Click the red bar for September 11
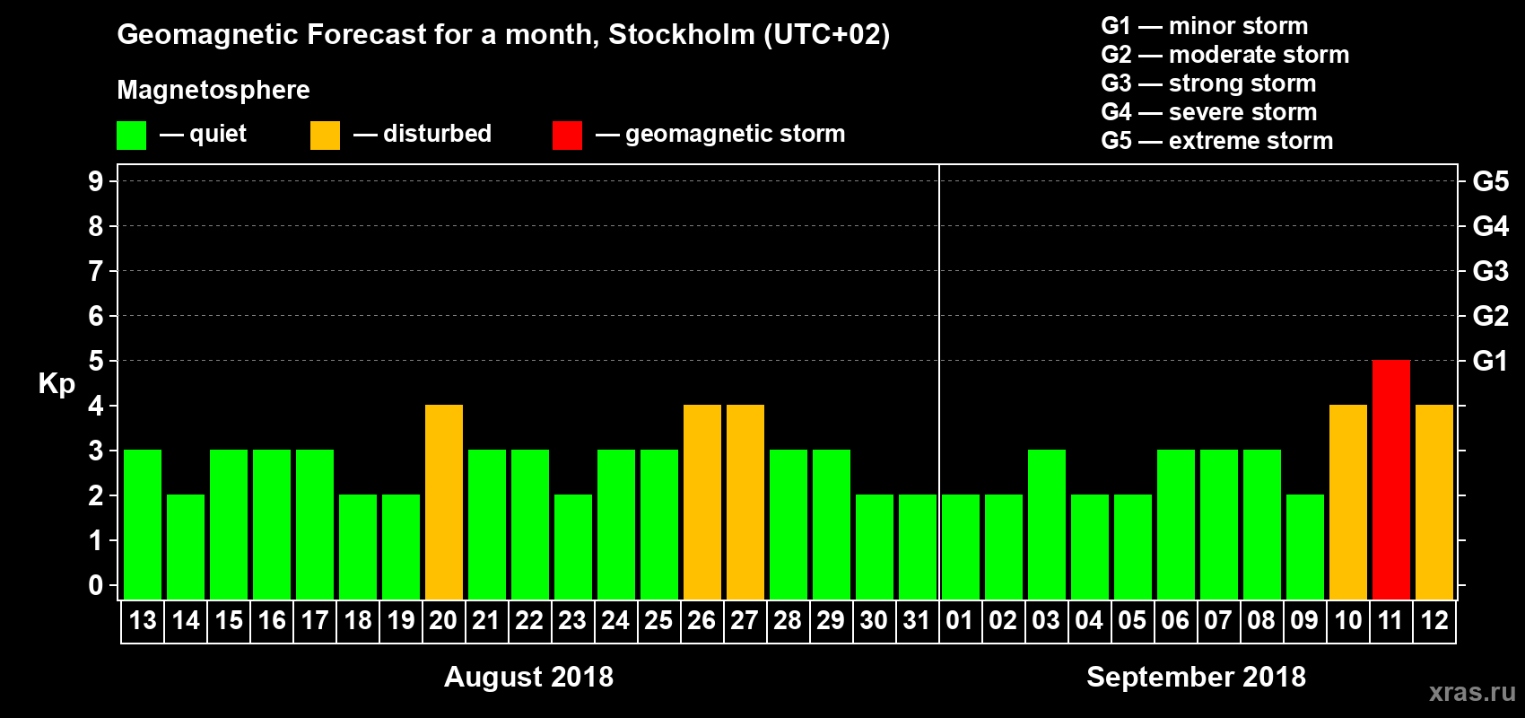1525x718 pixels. click(1390, 479)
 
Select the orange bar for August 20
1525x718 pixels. click(444, 502)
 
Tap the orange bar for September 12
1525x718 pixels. click(1433, 502)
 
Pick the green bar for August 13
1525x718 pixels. click(143, 524)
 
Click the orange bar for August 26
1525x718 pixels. click(702, 502)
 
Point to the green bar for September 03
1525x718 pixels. click(1046, 524)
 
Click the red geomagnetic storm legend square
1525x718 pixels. click(567, 136)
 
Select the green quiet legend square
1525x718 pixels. click(131, 136)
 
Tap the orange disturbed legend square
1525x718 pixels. click(325, 136)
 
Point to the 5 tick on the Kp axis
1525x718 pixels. click(96, 361)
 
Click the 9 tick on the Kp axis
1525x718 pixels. click(96, 181)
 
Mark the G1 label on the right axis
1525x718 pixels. click(1490, 361)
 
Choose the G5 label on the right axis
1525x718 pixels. click(1490, 181)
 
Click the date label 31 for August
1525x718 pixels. click(917, 620)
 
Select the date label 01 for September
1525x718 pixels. click(960, 620)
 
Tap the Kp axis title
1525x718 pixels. click(57, 383)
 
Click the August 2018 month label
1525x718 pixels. click(528, 677)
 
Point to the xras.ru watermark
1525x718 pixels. click(1472, 692)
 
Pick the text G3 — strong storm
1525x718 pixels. click(1208, 83)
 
